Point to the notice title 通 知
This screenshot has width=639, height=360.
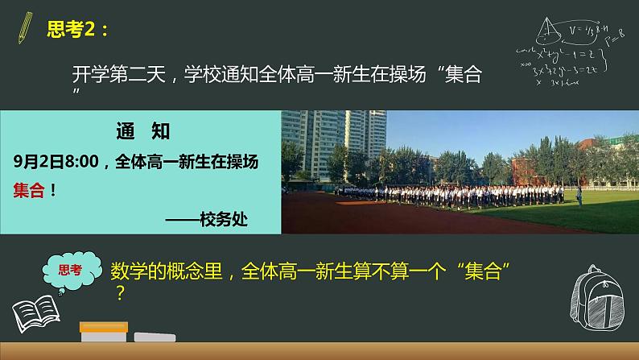coord(142,131)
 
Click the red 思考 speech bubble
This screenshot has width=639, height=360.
coord(71,271)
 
